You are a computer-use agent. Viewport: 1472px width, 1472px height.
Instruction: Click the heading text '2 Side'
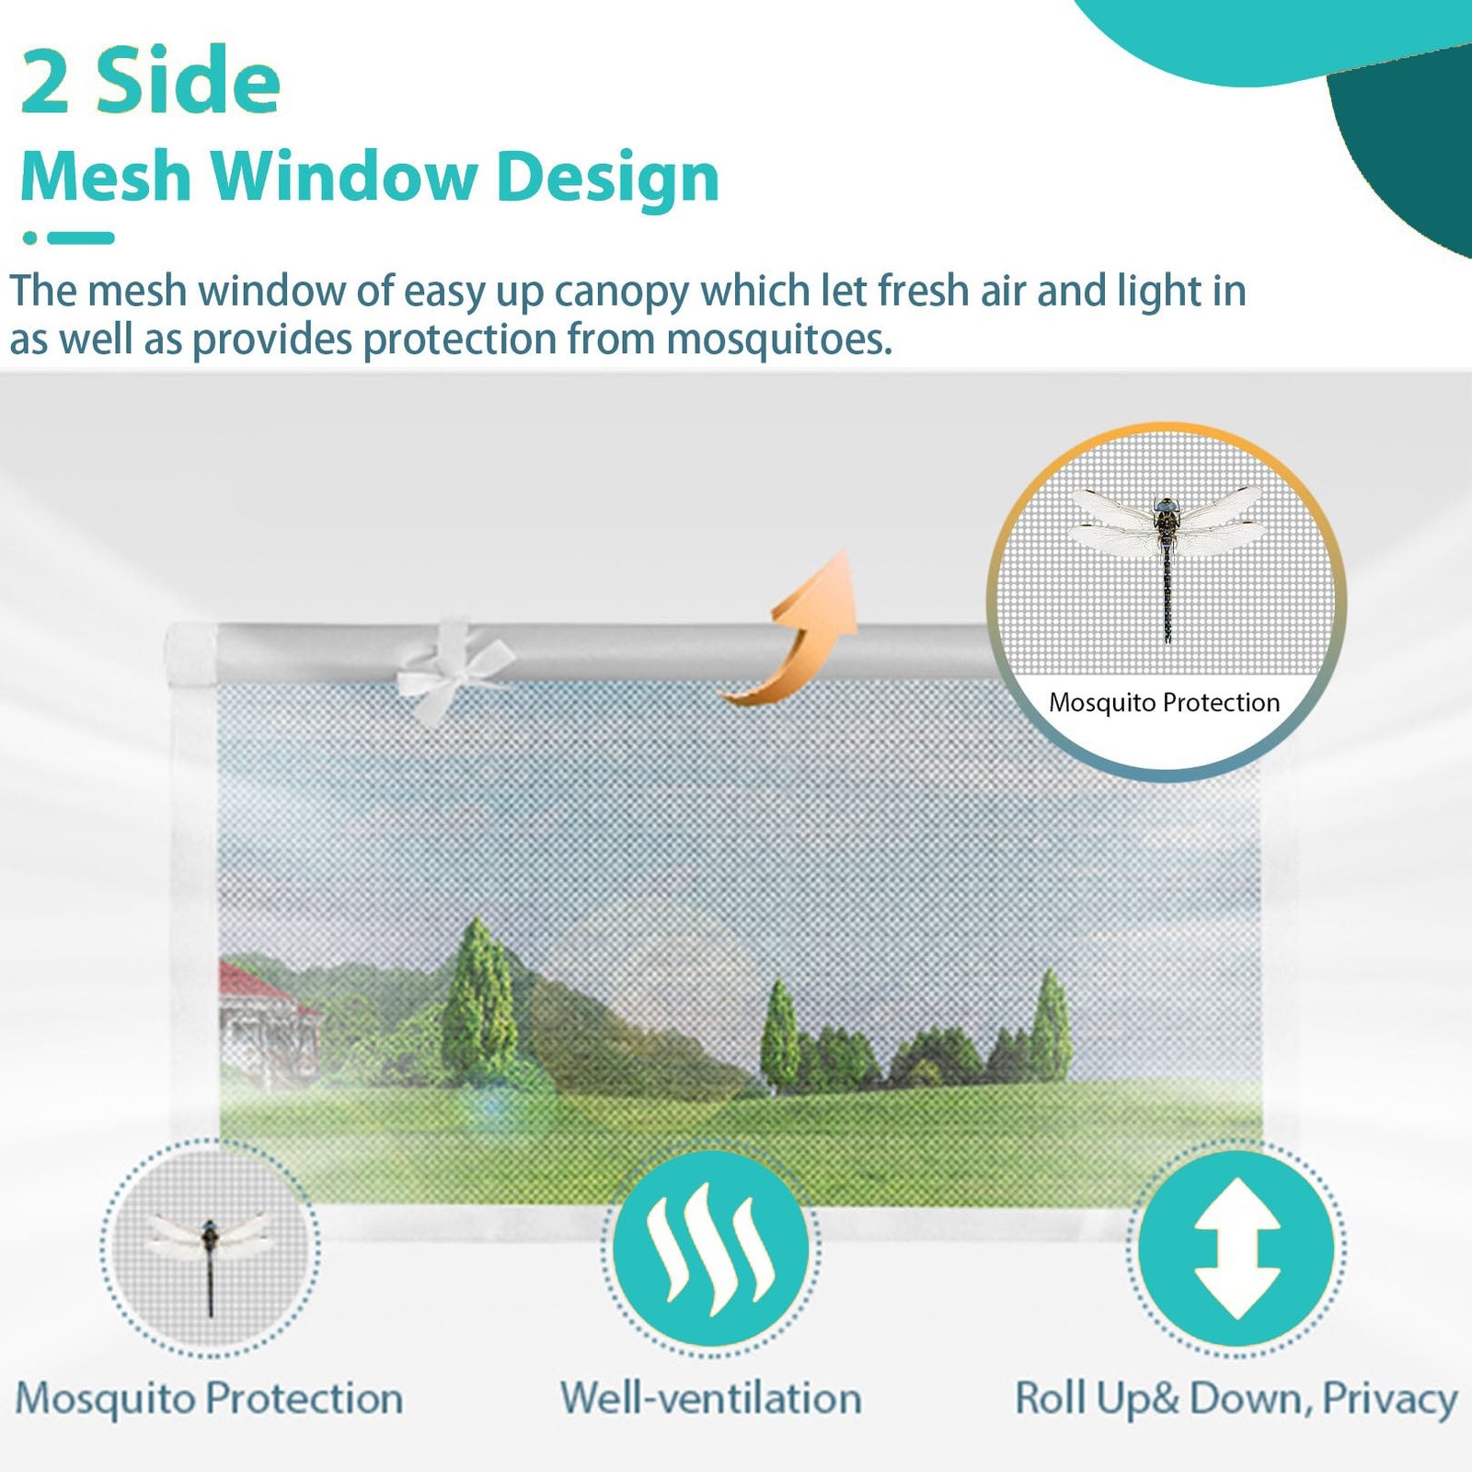[x=151, y=82]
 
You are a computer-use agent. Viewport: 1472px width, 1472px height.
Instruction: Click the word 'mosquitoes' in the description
[x=779, y=339]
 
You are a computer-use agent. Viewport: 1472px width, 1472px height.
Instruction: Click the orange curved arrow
[x=799, y=635]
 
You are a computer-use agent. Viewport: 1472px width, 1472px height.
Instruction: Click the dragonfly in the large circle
[x=1167, y=557]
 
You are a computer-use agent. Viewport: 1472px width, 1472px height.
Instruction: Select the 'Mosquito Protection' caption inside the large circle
[x=1165, y=703]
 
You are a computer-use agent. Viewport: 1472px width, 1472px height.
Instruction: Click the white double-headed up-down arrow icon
[x=1236, y=1248]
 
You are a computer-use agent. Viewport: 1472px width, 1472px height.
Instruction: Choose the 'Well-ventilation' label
[x=711, y=1397]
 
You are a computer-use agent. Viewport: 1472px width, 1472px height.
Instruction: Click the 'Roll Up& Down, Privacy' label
[x=1236, y=1399]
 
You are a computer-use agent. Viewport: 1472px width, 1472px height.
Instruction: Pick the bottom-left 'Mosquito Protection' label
[x=210, y=1397]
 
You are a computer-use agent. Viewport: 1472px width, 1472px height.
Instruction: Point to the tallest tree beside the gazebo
[x=478, y=998]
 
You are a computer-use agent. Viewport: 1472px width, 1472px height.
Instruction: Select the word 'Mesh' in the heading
[x=106, y=176]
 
